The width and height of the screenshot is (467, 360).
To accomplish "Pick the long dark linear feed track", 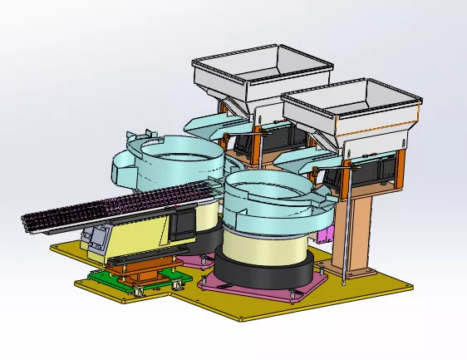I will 108,208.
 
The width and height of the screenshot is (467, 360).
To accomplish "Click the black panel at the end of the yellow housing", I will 184,223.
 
